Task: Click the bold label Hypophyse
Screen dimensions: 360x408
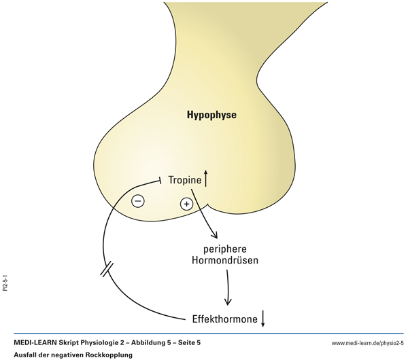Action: pos(211,115)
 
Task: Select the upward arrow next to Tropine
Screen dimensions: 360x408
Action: pos(206,179)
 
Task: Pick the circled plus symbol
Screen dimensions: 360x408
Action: pos(186,204)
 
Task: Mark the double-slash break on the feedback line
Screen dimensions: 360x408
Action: pos(107,270)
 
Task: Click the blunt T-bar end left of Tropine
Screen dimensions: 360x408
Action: pos(159,180)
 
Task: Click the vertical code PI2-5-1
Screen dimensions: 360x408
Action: pos(5,281)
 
